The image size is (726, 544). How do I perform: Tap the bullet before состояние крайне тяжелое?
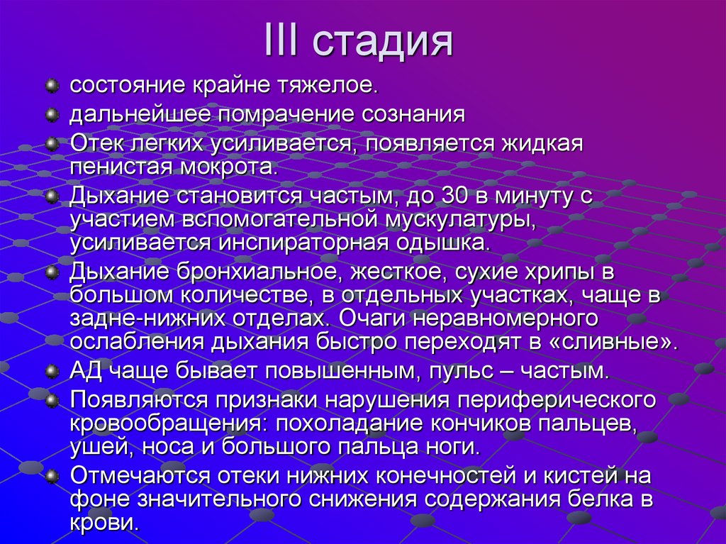click(x=51, y=87)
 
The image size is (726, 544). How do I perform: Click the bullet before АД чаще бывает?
click(x=51, y=370)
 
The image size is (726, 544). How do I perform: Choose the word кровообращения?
click(x=167, y=424)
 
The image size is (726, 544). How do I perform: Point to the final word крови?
click(x=102, y=523)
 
